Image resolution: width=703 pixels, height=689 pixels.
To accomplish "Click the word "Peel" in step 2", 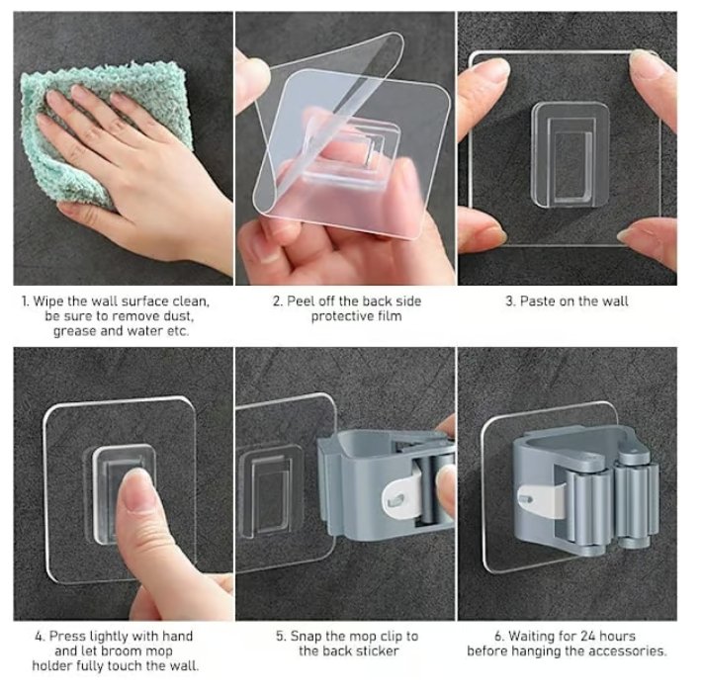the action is point(300,301).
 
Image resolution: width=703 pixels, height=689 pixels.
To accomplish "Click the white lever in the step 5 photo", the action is point(401,498).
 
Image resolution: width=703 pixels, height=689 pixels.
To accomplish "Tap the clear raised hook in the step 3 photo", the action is point(571,155).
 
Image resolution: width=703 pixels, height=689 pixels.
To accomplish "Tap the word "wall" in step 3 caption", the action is point(614,301).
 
